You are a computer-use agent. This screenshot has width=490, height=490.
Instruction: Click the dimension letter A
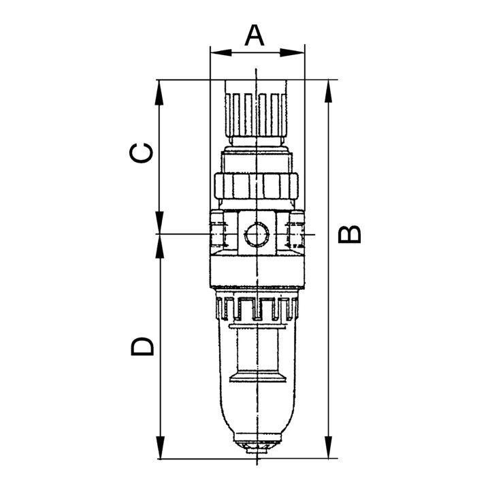254,35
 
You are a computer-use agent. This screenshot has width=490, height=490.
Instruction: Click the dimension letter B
350,234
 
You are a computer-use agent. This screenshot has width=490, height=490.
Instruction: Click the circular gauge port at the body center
256,234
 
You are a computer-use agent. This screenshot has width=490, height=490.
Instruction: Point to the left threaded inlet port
217,231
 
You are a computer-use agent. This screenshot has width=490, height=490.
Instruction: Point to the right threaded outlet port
296,231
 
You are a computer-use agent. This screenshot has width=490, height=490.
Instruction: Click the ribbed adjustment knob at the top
257,109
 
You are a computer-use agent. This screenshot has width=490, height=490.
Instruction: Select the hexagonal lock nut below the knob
257,184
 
